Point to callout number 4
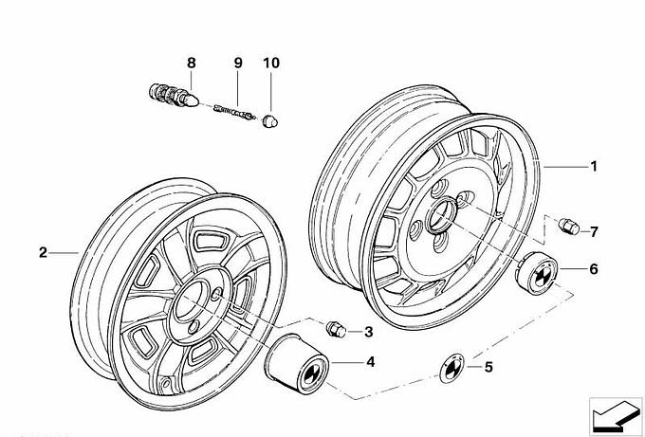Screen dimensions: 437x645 tap(369, 361)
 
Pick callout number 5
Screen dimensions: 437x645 tap(488, 367)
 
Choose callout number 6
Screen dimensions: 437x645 tap(593, 269)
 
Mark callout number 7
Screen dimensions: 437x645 tap(593, 231)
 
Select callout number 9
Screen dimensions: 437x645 tap(238, 64)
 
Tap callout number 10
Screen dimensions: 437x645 tap(272, 64)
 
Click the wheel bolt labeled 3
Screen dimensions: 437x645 tap(335, 329)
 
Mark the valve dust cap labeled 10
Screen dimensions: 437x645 tap(270, 123)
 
